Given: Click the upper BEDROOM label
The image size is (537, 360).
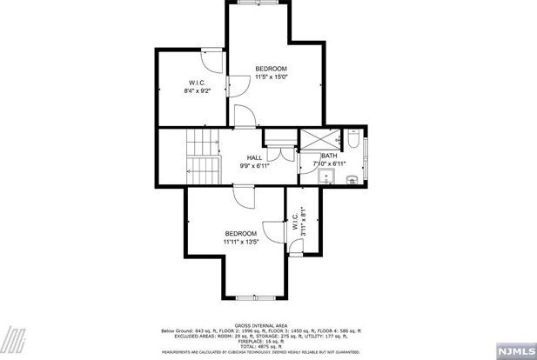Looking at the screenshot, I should tap(270, 68).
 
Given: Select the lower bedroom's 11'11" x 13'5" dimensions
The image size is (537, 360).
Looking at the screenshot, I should tap(241, 242).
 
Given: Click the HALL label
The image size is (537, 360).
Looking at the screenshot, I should tap(254, 157).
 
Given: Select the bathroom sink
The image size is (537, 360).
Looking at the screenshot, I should tap(327, 177).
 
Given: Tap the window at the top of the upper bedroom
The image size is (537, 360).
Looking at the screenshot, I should tap(257, 3).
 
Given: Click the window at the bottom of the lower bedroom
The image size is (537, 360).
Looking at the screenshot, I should tap(252, 297).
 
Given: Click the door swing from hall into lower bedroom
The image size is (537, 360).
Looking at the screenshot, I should tap(245, 197).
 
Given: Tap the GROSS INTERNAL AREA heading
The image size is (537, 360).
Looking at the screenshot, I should tap(260, 325).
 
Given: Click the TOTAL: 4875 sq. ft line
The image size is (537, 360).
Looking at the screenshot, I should tap(260, 346).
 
